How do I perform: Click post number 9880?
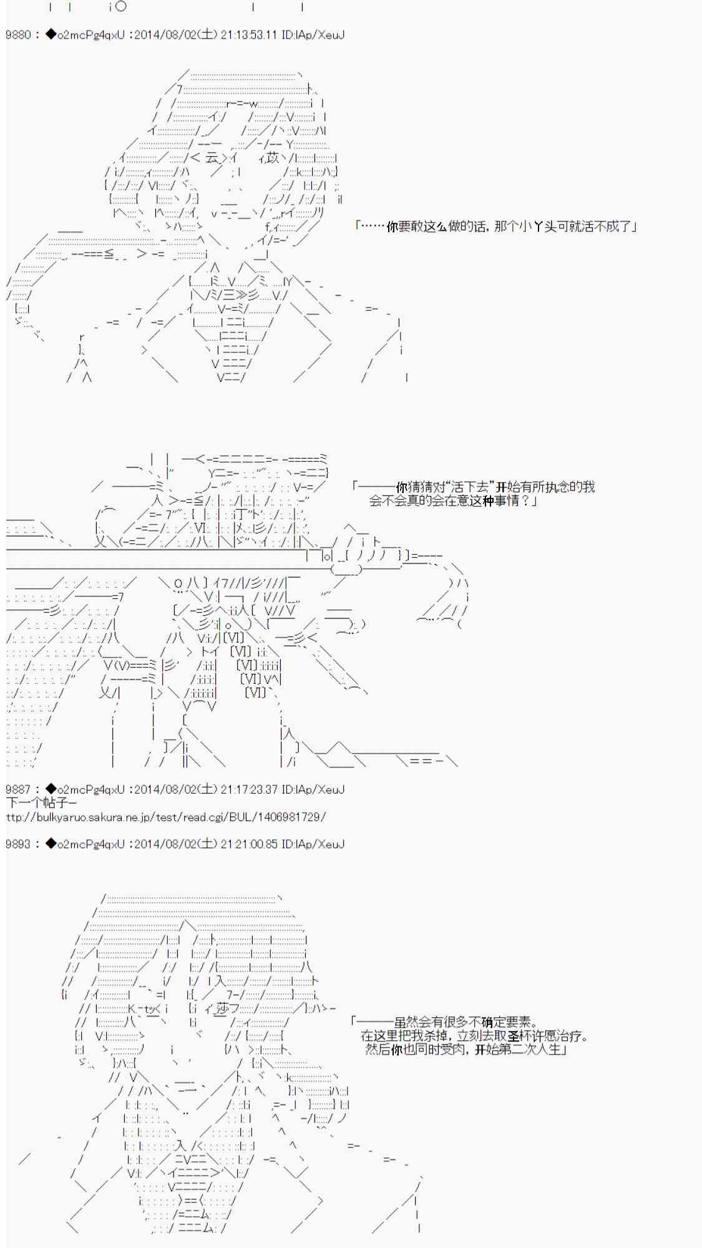click(18, 35)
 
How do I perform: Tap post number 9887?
click(18, 789)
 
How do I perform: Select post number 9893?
click(18, 844)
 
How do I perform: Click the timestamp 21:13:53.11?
click(248, 35)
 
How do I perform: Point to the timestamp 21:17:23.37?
click(248, 789)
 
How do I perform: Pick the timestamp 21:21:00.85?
click(248, 844)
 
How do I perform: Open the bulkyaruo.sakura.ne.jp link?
click(166, 817)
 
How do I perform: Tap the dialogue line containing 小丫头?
click(496, 226)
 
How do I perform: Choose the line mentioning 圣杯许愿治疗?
click(474, 1036)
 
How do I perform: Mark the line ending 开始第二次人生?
click(466, 1050)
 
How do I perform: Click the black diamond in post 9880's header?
click(51, 35)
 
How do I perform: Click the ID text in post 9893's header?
click(313, 844)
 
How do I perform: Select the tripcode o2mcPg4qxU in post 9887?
click(90, 789)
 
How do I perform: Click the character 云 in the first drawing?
click(213, 158)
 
